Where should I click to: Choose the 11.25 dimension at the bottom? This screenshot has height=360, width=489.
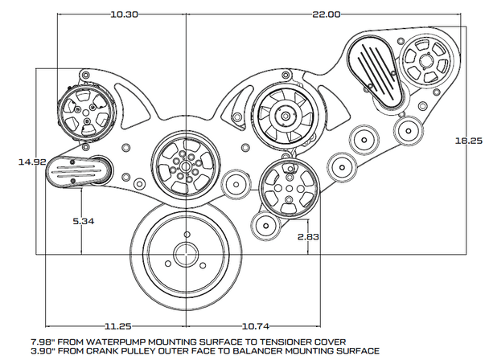[117, 327]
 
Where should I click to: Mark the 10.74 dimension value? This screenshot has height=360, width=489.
[257, 327]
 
